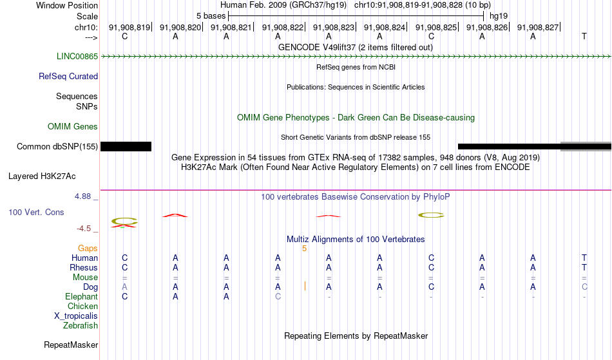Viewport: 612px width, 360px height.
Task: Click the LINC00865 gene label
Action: (x=77, y=57)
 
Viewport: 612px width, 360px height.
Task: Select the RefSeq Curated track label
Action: (x=68, y=77)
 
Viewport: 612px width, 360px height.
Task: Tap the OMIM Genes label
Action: (x=73, y=127)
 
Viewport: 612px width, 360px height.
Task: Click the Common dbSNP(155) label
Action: (x=57, y=147)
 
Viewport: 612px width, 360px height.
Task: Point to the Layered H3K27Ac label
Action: (x=42, y=176)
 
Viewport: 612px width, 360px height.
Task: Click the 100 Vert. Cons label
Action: (x=36, y=212)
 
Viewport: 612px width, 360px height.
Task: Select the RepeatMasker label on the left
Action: (x=71, y=345)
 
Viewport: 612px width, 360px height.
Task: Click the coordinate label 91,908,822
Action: (x=283, y=27)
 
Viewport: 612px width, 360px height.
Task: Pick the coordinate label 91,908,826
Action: (x=487, y=27)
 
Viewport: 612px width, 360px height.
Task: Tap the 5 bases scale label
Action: (x=211, y=16)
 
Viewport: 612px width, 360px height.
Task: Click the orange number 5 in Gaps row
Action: (x=305, y=249)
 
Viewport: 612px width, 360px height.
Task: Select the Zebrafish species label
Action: (x=81, y=326)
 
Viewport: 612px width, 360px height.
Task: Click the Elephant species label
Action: (x=82, y=297)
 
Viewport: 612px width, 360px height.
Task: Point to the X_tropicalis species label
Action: (x=76, y=316)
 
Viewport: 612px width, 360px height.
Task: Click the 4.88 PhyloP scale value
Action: (x=83, y=196)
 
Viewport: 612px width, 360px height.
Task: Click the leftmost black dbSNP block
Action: (x=126, y=147)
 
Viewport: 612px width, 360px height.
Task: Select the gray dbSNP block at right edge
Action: (x=586, y=147)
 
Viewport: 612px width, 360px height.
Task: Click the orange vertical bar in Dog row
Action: (x=305, y=287)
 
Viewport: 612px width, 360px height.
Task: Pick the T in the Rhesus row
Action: (x=584, y=267)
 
